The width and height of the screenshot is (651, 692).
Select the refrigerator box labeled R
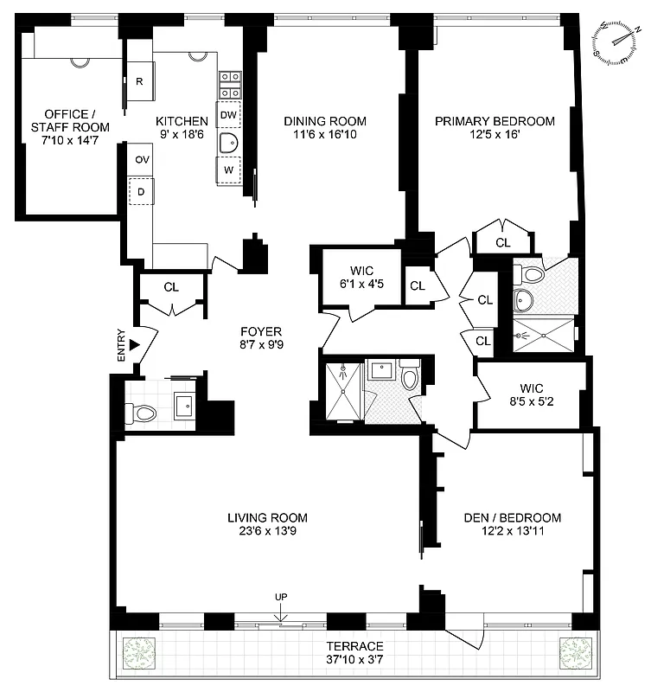point(140,82)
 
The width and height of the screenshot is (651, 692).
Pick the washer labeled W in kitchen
point(228,170)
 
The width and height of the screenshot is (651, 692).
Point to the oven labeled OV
point(140,160)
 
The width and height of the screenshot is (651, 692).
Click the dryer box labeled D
point(140,190)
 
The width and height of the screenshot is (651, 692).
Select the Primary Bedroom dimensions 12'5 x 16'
point(495,137)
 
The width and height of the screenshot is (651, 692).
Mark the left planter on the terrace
point(139,651)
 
